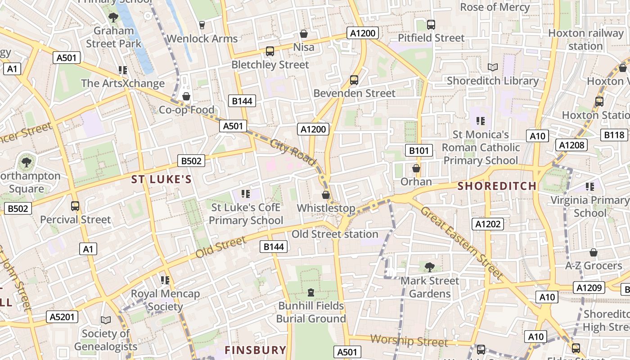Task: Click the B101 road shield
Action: click(x=418, y=150)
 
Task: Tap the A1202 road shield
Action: click(x=489, y=224)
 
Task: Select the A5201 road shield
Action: click(x=62, y=317)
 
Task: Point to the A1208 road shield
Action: click(x=572, y=145)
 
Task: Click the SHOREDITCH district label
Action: click(x=497, y=186)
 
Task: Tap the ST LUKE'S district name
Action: click(x=162, y=180)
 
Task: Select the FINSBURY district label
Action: click(x=255, y=350)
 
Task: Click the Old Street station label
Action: click(x=335, y=234)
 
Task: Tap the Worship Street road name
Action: click(x=409, y=341)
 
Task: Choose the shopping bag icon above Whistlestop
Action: click(x=326, y=195)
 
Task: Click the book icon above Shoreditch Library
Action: click(x=493, y=67)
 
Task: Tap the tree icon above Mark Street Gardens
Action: click(x=430, y=267)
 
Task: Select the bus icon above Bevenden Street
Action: click(x=354, y=80)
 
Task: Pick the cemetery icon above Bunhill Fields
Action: click(x=310, y=292)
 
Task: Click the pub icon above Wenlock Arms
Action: click(x=202, y=25)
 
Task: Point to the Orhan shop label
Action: click(x=416, y=182)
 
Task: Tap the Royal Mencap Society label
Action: click(x=165, y=300)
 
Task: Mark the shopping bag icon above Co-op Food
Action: click(x=186, y=96)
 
